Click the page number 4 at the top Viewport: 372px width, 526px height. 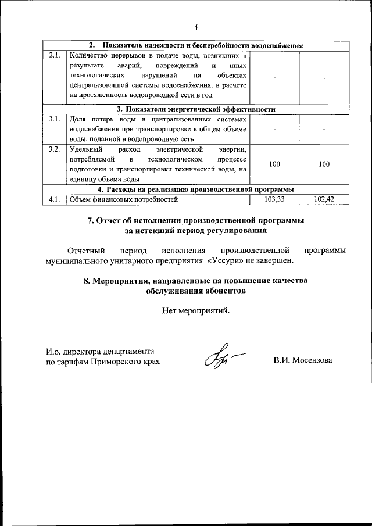[x=196, y=27]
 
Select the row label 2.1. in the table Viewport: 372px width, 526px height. [x=55, y=56]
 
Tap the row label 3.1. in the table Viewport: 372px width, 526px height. [x=55, y=119]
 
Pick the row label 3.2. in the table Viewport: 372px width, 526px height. [x=55, y=149]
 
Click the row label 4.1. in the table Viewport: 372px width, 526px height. [x=55, y=199]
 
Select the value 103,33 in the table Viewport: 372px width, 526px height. [x=274, y=199]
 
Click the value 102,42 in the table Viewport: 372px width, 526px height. [x=324, y=199]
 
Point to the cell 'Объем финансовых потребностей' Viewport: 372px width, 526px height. [x=123, y=199]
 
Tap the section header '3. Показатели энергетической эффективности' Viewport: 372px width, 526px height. [x=195, y=109]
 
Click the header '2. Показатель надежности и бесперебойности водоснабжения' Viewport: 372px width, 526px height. [x=195, y=45]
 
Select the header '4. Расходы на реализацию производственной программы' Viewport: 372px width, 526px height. [x=195, y=189]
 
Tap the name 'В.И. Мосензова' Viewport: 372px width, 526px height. [x=303, y=360]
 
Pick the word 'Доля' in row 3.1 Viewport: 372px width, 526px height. [x=77, y=119]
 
